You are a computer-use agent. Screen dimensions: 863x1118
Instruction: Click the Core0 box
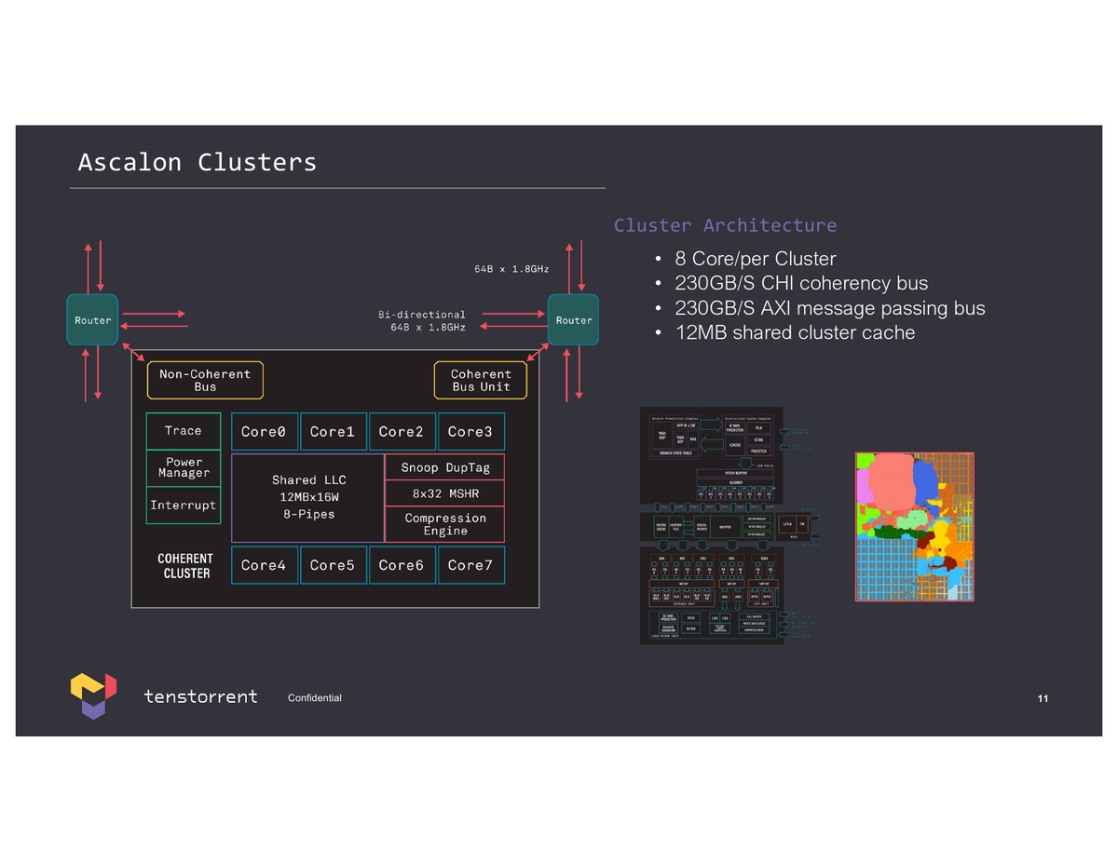[265, 432]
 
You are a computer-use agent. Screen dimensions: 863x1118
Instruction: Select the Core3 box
[470, 432]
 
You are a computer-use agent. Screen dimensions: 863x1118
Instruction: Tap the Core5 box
[333, 565]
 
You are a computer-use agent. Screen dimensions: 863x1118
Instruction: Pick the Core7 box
[470, 565]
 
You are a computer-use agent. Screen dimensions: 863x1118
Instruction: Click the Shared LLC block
[308, 497]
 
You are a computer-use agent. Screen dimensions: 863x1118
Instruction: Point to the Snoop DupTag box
[444, 467]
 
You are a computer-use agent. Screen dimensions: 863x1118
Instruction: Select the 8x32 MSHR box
[444, 493]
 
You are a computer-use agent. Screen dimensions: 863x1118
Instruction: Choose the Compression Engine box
[444, 524]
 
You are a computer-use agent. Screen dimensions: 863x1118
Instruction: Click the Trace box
[184, 431]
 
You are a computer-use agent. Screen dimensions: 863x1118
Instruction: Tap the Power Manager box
[184, 467]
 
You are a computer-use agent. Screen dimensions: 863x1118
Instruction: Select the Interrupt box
[184, 506]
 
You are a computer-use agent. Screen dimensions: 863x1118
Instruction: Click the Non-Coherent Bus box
[205, 381]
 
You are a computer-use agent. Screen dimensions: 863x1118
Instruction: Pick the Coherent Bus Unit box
[481, 381]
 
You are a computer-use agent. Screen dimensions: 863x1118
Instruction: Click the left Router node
[92, 320]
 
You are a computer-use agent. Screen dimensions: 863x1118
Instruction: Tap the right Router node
[573, 320]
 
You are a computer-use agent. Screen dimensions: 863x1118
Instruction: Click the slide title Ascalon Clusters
[197, 162]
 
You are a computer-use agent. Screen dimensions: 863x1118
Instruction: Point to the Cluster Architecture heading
[725, 225]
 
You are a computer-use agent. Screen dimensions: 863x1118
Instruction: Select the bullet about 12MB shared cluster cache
[794, 332]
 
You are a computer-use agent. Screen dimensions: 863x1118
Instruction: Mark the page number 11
[1043, 698]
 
